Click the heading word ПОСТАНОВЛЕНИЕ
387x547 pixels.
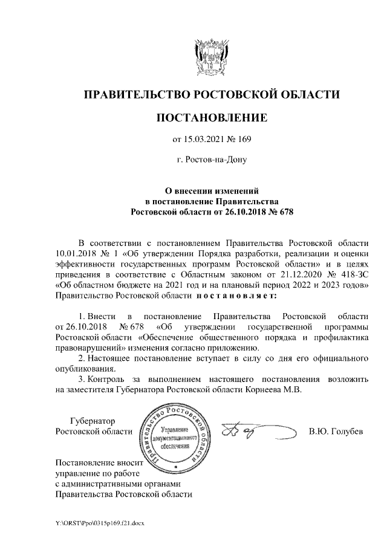[x=211, y=117]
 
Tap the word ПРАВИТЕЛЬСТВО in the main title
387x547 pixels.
[x=132, y=94]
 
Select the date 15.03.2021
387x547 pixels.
[x=204, y=140]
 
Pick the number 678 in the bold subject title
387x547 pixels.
[x=282, y=212]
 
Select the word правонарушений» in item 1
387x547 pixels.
[x=91, y=348]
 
